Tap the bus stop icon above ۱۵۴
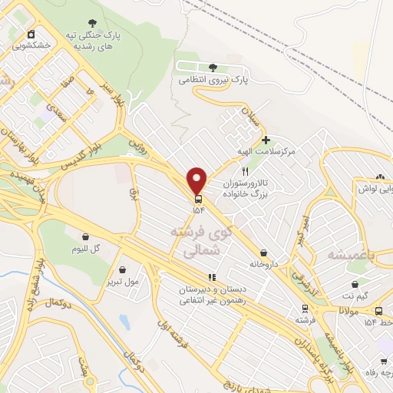point(199,196)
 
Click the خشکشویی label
point(31,45)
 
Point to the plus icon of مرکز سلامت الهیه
point(266,140)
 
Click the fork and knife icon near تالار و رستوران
point(245,172)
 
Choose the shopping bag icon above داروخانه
point(263,253)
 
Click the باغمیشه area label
point(349,254)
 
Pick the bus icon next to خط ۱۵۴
point(378,311)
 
